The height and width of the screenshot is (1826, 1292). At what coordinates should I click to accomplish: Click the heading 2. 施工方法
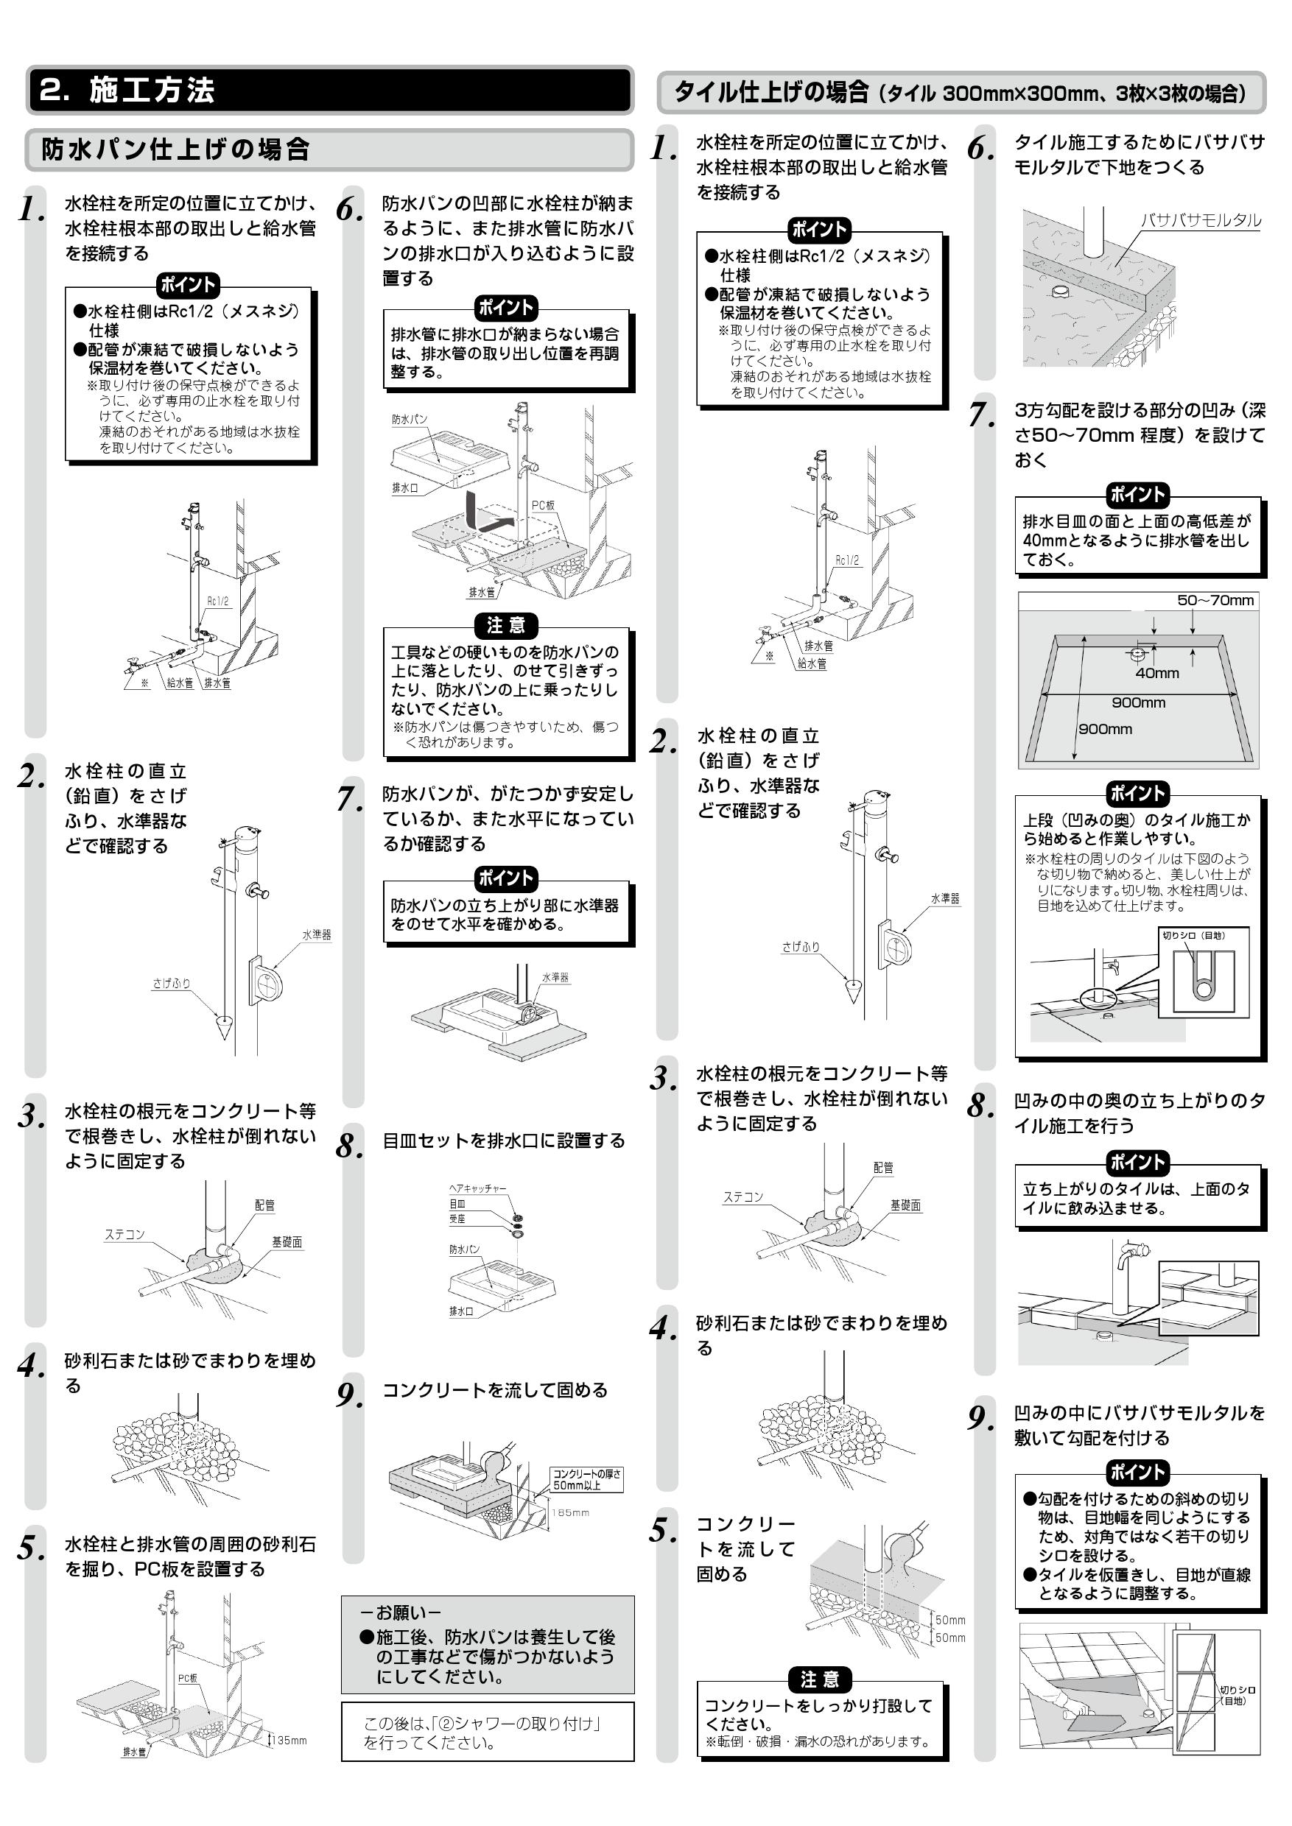[x=127, y=90]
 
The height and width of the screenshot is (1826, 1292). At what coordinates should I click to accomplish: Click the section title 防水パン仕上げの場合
[x=175, y=149]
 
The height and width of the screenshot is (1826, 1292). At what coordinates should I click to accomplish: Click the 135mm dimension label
[x=290, y=1740]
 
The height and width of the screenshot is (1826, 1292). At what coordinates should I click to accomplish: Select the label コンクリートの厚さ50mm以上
[x=587, y=1479]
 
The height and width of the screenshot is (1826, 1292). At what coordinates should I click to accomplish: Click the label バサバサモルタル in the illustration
[x=1201, y=220]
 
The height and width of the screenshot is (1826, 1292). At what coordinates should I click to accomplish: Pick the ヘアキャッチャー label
[x=477, y=1188]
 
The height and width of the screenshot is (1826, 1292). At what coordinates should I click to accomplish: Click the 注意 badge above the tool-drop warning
[x=506, y=625]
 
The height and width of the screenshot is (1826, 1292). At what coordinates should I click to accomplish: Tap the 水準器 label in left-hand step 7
[x=555, y=977]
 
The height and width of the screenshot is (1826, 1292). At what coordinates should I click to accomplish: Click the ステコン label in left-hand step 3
[x=125, y=1234]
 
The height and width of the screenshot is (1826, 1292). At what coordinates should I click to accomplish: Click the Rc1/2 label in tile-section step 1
[x=846, y=560]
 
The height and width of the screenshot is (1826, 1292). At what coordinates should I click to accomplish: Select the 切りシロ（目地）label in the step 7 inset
[x=1193, y=935]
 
